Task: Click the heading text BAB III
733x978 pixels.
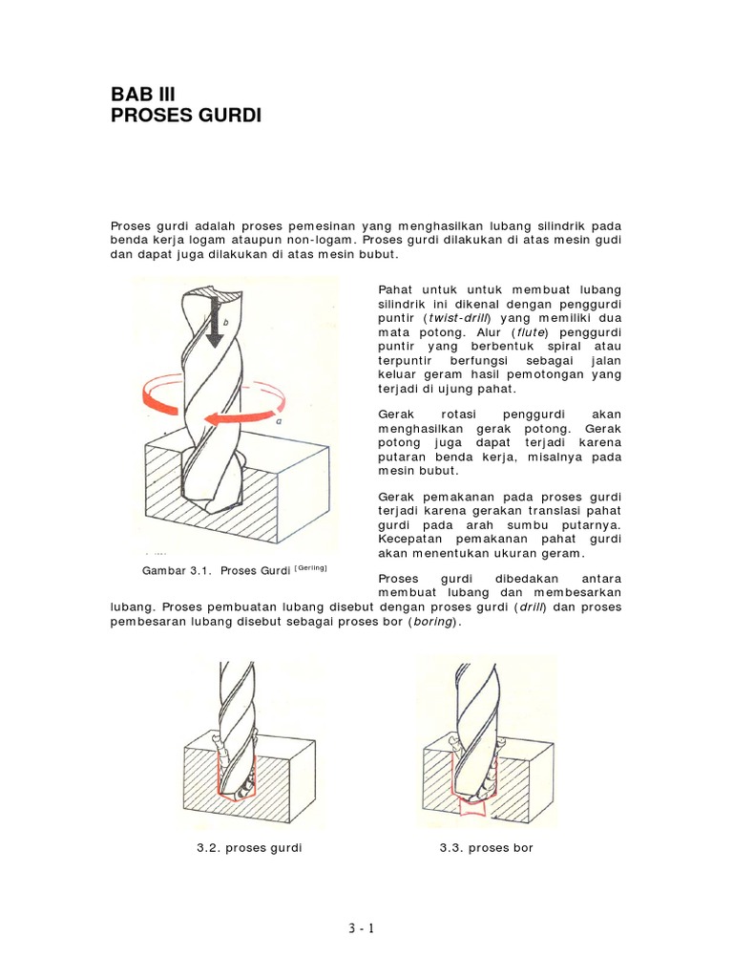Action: (144, 94)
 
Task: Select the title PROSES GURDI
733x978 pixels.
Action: (186, 117)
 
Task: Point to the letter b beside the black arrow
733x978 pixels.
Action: (225, 324)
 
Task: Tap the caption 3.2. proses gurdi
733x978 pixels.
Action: (249, 848)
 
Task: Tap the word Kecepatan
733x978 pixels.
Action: (409, 540)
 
